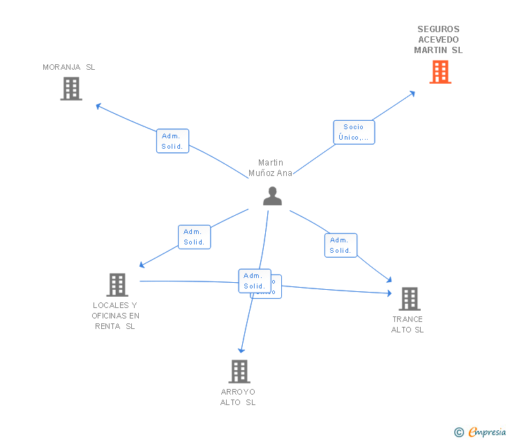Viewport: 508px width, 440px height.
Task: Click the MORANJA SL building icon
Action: (x=71, y=89)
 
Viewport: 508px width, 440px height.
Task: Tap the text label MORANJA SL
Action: (x=68, y=67)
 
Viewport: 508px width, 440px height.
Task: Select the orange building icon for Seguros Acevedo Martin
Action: (x=440, y=72)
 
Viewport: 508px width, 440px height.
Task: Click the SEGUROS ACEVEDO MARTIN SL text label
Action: (x=438, y=40)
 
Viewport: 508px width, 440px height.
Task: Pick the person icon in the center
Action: (x=272, y=196)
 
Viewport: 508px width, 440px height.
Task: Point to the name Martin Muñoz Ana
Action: (x=271, y=168)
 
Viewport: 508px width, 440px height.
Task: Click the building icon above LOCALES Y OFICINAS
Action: (x=117, y=284)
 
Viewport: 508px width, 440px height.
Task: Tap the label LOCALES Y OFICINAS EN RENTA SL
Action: (x=116, y=316)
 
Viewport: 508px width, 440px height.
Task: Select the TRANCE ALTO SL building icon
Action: (x=409, y=299)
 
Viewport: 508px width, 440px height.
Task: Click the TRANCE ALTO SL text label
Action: (x=408, y=325)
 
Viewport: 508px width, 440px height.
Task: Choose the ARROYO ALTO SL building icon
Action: (x=239, y=371)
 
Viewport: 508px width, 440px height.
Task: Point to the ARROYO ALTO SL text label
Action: (x=238, y=397)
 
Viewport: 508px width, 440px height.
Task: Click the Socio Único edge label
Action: (x=354, y=132)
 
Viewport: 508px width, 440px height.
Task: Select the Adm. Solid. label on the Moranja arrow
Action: (x=172, y=141)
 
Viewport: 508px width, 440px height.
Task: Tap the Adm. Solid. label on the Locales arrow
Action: (x=194, y=237)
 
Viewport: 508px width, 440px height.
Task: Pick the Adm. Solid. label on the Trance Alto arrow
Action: (x=341, y=245)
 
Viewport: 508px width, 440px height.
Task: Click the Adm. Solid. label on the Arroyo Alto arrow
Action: (x=254, y=281)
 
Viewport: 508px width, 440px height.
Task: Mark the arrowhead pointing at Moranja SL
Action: (x=98, y=106)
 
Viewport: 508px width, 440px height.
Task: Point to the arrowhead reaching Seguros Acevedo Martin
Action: (x=413, y=93)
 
